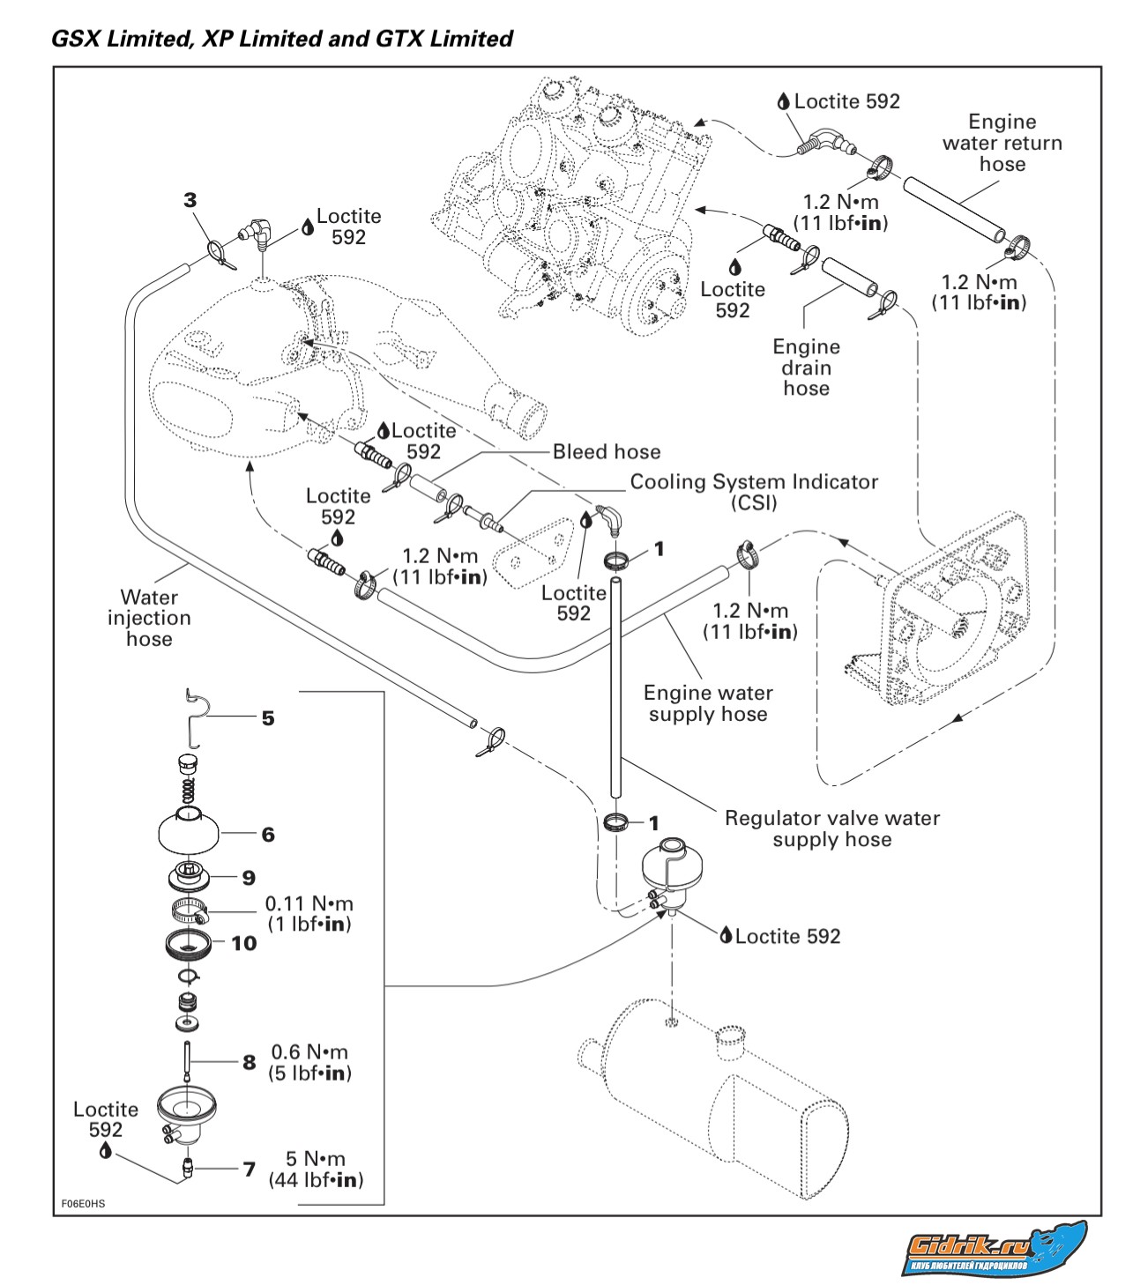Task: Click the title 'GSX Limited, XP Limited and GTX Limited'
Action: (x=281, y=39)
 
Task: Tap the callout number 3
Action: (x=190, y=200)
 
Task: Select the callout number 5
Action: (x=268, y=718)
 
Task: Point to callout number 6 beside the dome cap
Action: (x=268, y=834)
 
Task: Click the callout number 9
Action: (x=249, y=878)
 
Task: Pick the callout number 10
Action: (x=243, y=943)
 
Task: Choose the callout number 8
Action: (x=250, y=1062)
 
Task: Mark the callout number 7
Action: (x=250, y=1170)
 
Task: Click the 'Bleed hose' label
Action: (x=606, y=452)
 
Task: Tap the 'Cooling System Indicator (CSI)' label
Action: (x=753, y=493)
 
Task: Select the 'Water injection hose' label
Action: (x=149, y=618)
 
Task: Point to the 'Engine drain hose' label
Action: (x=806, y=368)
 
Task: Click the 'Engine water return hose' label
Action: (x=1002, y=143)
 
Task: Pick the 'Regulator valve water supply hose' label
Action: (x=831, y=828)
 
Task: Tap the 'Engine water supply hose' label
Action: (x=708, y=703)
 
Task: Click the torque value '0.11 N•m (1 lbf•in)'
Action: (x=309, y=914)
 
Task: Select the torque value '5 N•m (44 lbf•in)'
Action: (x=315, y=1170)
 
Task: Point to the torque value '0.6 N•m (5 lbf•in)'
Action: (x=309, y=1062)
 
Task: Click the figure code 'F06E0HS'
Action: (x=83, y=1203)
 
